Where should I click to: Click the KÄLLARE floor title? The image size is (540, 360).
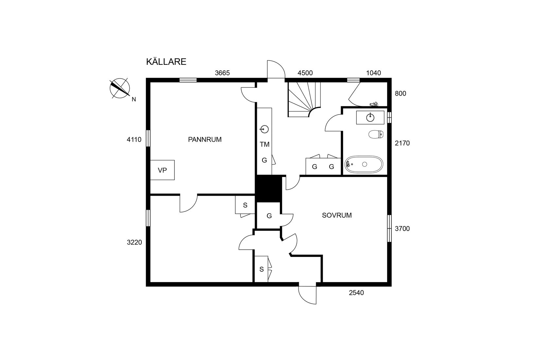(x=166, y=62)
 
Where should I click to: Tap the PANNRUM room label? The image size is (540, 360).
(x=205, y=139)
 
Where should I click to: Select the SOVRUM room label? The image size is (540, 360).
(x=336, y=215)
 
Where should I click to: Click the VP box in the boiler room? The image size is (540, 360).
(x=162, y=170)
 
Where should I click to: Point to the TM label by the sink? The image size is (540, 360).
(x=264, y=144)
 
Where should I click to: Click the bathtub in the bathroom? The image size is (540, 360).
(x=364, y=164)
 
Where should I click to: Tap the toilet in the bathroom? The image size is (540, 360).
(x=375, y=134)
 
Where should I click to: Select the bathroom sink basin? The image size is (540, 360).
(x=370, y=117)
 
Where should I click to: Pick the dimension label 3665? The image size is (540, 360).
(x=222, y=73)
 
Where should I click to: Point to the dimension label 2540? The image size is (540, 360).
(x=356, y=293)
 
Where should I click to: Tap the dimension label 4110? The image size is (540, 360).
(x=134, y=140)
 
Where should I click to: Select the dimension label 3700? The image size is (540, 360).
(x=402, y=228)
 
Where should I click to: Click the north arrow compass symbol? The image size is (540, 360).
(x=120, y=88)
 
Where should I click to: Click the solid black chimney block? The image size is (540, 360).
(x=268, y=189)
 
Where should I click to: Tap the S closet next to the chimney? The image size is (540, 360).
(x=245, y=205)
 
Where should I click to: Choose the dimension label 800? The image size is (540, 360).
(x=400, y=93)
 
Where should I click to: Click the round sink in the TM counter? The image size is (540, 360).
(x=264, y=129)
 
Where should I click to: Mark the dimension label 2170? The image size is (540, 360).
(x=402, y=143)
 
